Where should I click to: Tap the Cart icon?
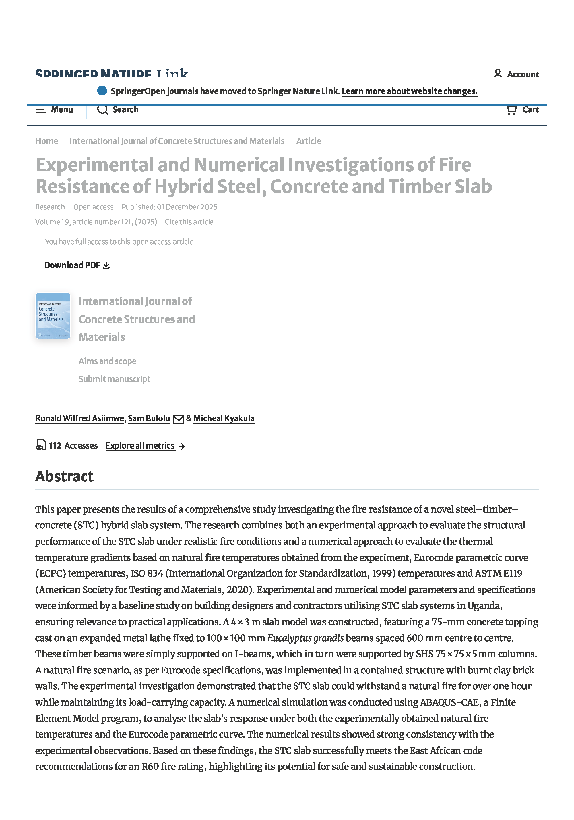click(x=511, y=110)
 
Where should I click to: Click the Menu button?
click(x=55, y=110)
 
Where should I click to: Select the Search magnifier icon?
click(x=102, y=110)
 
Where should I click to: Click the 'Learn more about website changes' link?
click(x=409, y=91)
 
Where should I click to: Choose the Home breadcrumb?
click(x=46, y=141)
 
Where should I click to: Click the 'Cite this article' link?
click(x=189, y=222)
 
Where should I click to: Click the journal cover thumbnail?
click(x=53, y=316)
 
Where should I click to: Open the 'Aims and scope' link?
click(x=107, y=361)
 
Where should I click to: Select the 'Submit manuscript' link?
click(x=114, y=379)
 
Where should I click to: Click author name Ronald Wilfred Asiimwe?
click(x=79, y=418)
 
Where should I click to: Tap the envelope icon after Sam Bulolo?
click(x=178, y=419)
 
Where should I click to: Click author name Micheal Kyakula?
click(x=224, y=418)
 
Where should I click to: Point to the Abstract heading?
click(x=64, y=476)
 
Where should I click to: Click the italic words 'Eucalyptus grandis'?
click(x=305, y=638)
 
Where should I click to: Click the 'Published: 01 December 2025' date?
click(x=169, y=207)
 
